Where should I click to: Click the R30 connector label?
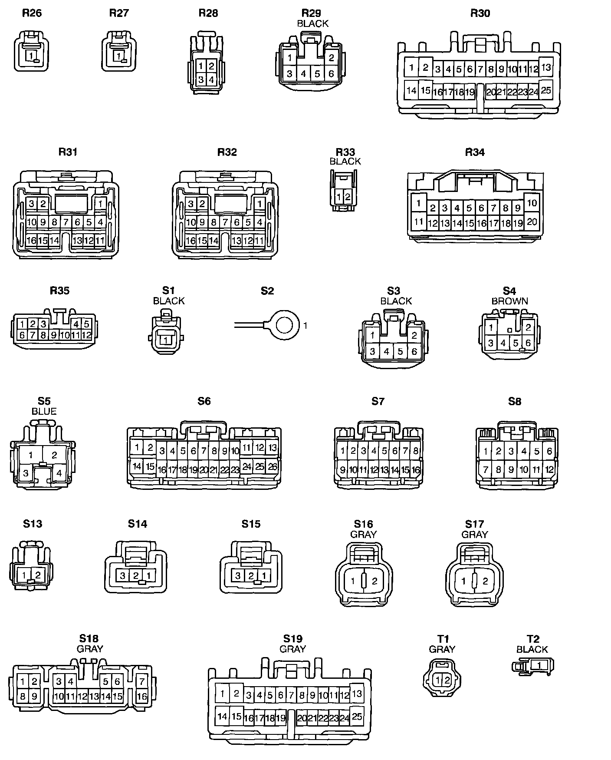coord(480,13)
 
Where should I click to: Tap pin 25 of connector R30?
coord(546,90)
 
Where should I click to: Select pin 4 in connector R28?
coord(211,80)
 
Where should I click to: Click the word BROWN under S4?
coord(509,301)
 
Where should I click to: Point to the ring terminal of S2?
coord(283,325)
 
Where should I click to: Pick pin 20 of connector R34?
coord(532,222)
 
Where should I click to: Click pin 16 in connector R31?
coord(31,241)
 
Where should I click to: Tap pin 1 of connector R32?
coord(260,203)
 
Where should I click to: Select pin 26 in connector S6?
coord(273,466)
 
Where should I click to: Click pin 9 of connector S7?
coord(342,469)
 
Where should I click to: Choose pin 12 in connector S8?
coord(549,469)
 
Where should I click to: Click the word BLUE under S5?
coord(44,411)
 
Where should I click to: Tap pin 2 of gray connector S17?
coord(485,581)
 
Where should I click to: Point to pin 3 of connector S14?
coord(123,576)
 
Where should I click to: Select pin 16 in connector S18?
coord(141,696)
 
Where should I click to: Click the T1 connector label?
coord(442,639)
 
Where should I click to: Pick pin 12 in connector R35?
coord(86,335)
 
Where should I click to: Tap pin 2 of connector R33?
coord(348,197)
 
